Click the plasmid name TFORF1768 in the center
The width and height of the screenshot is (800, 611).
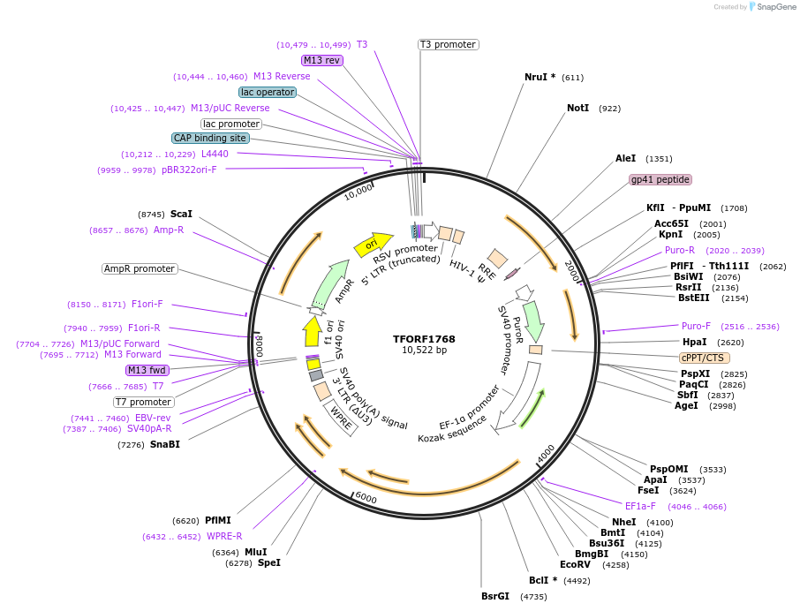[425, 339]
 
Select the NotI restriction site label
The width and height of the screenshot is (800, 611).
[577, 108]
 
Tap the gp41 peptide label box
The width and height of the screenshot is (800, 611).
[660, 179]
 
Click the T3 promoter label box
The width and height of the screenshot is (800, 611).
[448, 44]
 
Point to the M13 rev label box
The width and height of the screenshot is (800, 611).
[321, 60]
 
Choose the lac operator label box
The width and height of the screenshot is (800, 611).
[267, 92]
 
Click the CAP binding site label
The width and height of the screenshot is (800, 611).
[210, 138]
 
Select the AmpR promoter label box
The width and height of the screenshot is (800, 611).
[140, 268]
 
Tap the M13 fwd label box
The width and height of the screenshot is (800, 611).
[147, 370]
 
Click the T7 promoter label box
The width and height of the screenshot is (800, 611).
[143, 402]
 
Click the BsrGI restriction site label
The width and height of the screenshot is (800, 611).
[495, 596]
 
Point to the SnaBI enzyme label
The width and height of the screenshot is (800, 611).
[164, 444]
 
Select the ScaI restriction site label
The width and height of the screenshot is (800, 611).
[181, 214]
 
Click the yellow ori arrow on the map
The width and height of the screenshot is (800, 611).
[372, 245]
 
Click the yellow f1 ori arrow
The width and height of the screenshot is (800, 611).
[312, 331]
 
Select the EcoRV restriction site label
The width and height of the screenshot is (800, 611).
[575, 564]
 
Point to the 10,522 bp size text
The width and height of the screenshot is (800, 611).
[425, 351]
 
